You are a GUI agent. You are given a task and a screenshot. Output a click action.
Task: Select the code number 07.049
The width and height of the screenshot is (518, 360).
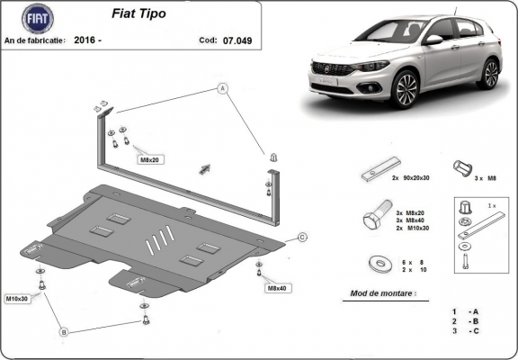pos(240,40)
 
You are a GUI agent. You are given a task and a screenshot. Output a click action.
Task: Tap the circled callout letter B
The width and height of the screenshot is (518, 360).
pos(64,332)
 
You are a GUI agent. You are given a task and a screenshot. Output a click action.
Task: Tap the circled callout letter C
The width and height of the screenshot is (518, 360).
pos(302,237)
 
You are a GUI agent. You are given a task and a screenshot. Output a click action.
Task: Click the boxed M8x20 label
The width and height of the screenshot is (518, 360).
pos(149,159)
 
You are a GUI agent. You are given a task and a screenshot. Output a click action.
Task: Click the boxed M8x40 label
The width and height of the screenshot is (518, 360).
pos(276,288)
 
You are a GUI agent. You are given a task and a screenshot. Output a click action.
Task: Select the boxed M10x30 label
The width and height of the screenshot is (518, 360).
pos(18,298)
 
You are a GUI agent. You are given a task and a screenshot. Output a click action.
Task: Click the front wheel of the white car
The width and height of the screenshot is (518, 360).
pos(405,90)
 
